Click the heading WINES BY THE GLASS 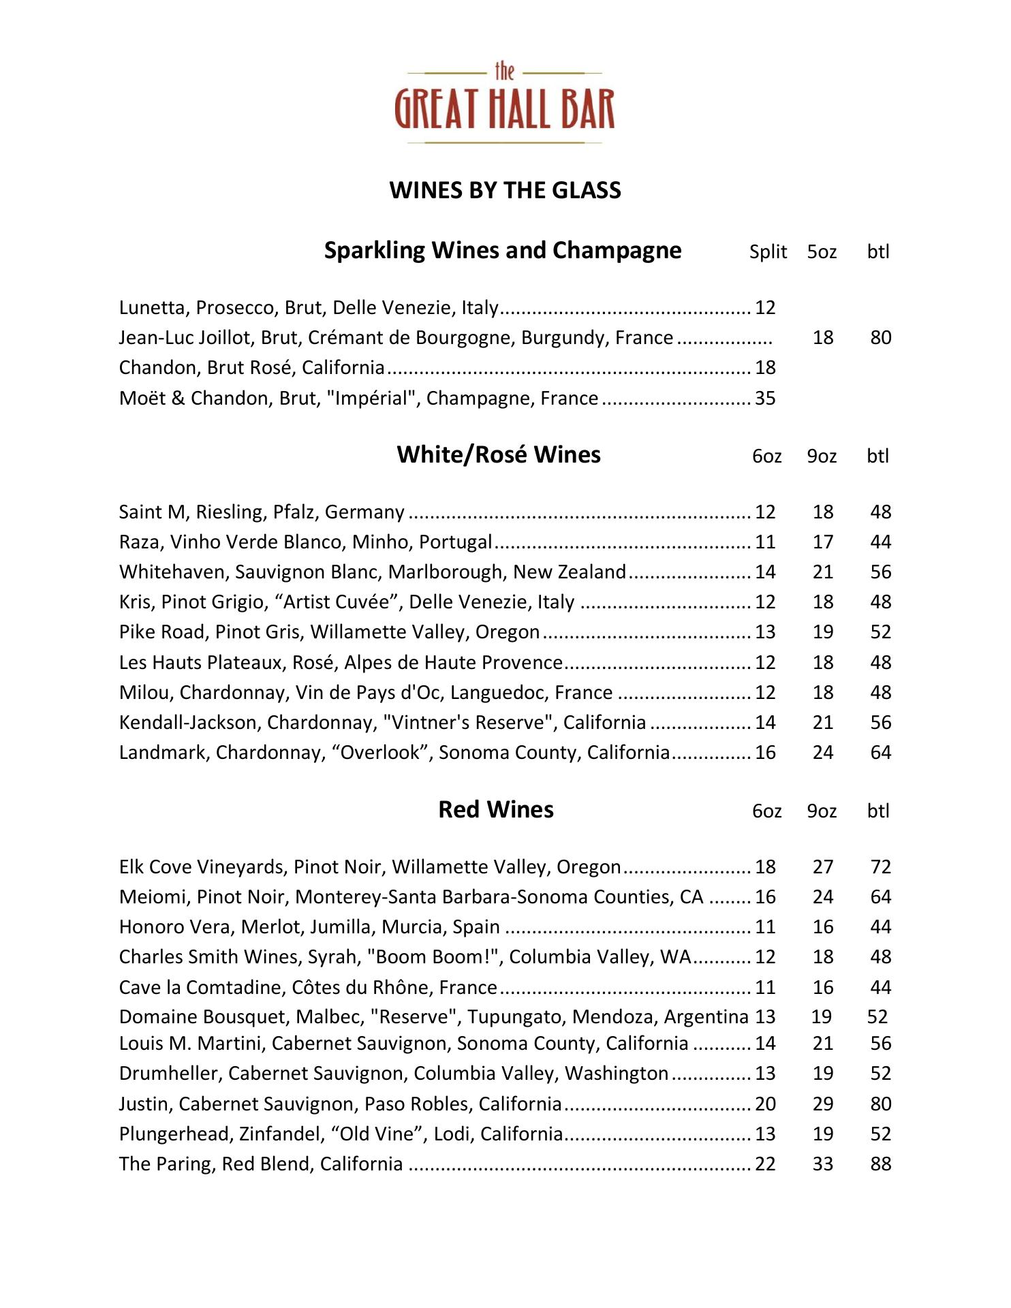pyautogui.click(x=505, y=190)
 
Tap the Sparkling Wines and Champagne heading pyautogui.click(x=502, y=251)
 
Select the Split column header pyautogui.click(x=768, y=252)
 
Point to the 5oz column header pyautogui.click(x=822, y=252)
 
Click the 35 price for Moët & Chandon pyautogui.click(x=765, y=399)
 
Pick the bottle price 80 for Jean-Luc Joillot pyautogui.click(x=880, y=338)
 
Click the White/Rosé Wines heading pyautogui.click(x=499, y=455)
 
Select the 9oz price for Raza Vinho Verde pyautogui.click(x=823, y=542)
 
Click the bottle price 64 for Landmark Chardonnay pyautogui.click(x=880, y=753)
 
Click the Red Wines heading pyautogui.click(x=496, y=810)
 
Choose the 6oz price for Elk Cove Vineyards pyautogui.click(x=765, y=867)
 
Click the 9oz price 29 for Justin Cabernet pyautogui.click(x=823, y=1104)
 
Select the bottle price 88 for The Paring pyautogui.click(x=880, y=1164)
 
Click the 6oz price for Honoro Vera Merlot pyautogui.click(x=765, y=927)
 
